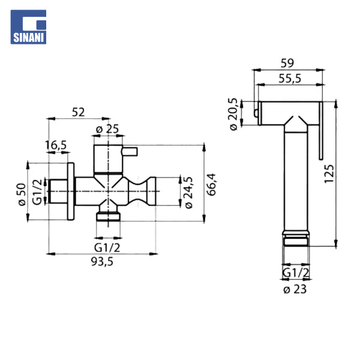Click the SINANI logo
(28, 27)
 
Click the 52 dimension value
(78, 112)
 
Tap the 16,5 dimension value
(56, 145)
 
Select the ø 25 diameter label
(107, 129)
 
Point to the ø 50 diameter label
(22, 194)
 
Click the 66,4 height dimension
(211, 184)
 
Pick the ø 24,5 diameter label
(188, 193)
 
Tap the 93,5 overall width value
(102, 261)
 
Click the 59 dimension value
(287, 63)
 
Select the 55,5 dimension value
(290, 79)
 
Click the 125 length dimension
(329, 173)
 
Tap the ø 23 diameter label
(295, 289)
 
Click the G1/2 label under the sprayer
(296, 273)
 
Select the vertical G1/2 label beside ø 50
(37, 192)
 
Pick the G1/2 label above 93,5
(107, 248)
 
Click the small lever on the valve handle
(130, 152)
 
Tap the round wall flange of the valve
(71, 191)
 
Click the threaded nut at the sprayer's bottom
(296, 239)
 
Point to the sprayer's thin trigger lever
(321, 130)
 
